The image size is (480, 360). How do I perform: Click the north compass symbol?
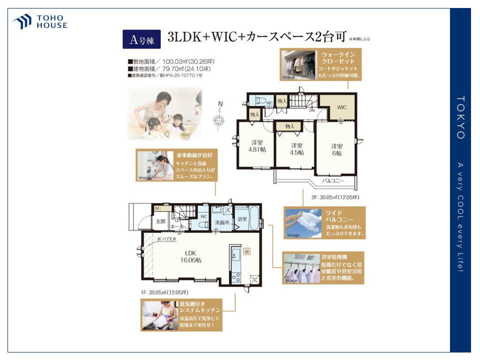click(219, 118)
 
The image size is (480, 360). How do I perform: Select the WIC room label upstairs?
click(341, 107)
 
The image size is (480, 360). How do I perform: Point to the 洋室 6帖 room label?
click(336, 150)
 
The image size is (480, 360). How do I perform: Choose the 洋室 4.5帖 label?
click(297, 149)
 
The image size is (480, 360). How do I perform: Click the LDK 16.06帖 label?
click(191, 256)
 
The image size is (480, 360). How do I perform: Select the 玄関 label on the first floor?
click(160, 221)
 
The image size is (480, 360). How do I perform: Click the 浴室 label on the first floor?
click(242, 219)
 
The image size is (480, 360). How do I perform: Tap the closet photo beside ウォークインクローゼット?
click(299, 64)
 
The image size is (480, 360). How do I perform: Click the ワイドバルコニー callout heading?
click(339, 216)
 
